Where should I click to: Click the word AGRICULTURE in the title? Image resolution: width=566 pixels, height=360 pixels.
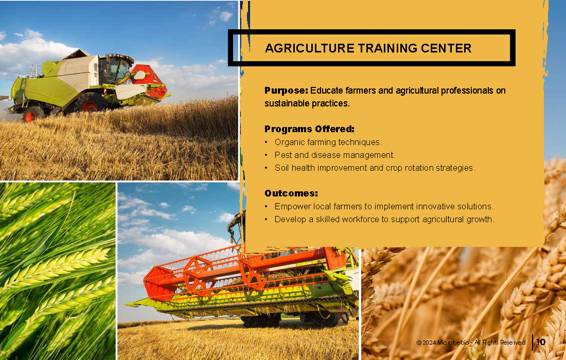point(310,48)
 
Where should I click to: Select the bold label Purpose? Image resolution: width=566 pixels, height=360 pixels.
point(286,91)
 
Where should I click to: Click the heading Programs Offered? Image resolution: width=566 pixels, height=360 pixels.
point(309,129)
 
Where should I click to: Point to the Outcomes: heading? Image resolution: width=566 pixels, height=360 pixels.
point(291,193)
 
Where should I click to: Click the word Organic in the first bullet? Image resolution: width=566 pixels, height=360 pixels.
point(290,142)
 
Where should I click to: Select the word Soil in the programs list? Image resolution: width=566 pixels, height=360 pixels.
point(281,168)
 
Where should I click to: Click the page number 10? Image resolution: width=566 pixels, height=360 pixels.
point(541,342)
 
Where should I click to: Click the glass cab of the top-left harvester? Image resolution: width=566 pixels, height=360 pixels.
point(115,68)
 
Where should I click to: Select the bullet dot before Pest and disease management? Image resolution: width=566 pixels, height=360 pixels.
point(266,155)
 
